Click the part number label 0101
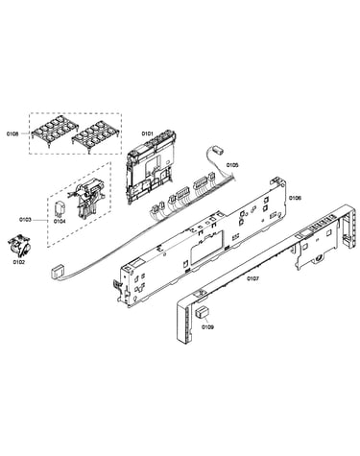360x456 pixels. tap(148, 133)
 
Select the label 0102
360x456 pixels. tap(19, 262)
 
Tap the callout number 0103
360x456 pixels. tap(25, 220)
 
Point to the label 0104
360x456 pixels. tap(60, 221)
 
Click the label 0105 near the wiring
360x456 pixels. tap(232, 165)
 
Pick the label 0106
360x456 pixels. tap(295, 198)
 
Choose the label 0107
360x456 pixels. tap(252, 278)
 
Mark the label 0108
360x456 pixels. tap(12, 133)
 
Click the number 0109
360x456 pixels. tap(207, 327)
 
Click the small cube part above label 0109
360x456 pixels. tap(202, 312)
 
